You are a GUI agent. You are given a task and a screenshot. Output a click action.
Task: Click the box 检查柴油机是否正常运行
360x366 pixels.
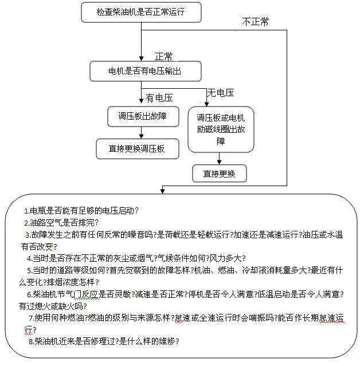(x=141, y=11)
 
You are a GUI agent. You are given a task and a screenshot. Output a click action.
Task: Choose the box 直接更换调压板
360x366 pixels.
(x=137, y=148)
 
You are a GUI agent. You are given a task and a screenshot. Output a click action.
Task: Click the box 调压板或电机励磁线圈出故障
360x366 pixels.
(x=221, y=129)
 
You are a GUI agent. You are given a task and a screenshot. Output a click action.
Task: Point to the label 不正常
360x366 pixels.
(x=255, y=22)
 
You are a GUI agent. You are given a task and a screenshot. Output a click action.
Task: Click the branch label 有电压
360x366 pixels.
(x=159, y=98)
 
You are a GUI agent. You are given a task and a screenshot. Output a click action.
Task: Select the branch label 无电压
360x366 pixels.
(x=220, y=92)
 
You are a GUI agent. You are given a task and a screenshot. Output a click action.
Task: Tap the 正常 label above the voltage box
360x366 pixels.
(x=164, y=56)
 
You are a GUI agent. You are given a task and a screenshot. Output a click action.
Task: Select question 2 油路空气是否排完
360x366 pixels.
(x=62, y=222)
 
